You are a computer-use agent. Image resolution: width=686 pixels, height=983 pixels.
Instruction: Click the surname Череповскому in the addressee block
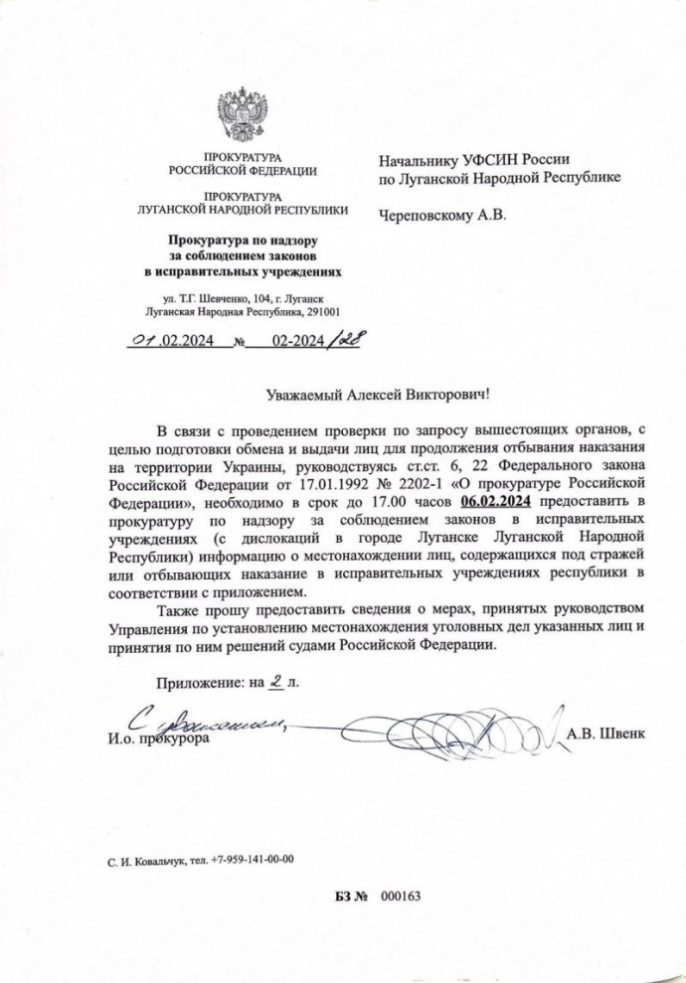[x=427, y=213]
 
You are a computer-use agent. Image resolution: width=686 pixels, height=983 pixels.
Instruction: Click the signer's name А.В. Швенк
[x=605, y=734]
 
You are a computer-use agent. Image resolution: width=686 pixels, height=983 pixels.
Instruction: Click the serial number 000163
[x=402, y=896]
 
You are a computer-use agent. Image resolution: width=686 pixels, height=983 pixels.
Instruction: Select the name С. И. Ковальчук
[x=143, y=860]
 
